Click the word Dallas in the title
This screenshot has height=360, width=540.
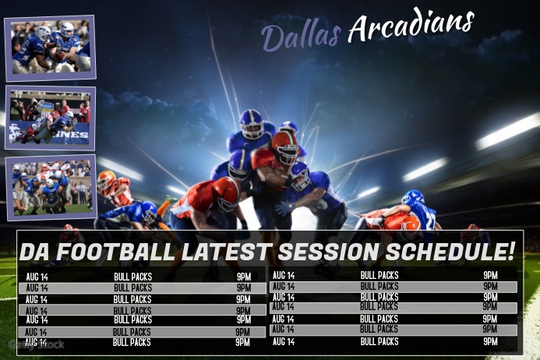301,35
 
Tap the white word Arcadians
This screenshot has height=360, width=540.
411,26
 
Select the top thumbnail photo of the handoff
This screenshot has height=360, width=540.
50,48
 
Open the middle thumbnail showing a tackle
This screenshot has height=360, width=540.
50,118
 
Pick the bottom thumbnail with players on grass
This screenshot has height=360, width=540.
51,187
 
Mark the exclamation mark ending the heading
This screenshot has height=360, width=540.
511,251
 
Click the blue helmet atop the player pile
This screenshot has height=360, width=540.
252,123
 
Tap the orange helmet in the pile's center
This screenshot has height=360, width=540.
284,146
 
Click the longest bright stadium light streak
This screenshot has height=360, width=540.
507,131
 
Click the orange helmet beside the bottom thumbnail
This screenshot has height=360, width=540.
107,181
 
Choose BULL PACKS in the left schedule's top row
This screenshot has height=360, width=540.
132,276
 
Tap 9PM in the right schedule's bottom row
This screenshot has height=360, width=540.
490,341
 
